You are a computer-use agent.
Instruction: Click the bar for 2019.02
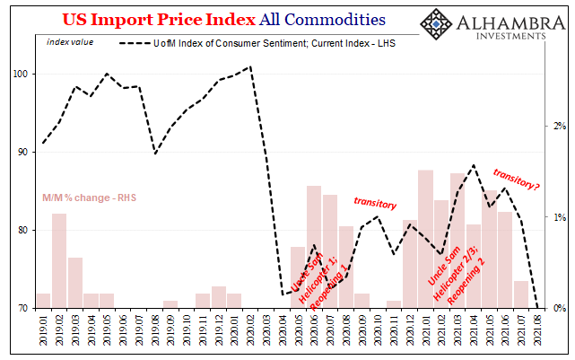click(x=59, y=260)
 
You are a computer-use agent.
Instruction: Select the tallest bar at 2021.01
click(x=426, y=239)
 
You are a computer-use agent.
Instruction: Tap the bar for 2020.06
click(x=314, y=247)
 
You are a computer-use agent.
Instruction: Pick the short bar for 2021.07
click(x=521, y=294)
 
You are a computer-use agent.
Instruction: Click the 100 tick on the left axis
click(x=21, y=74)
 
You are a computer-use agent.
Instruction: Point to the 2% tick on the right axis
click(x=559, y=126)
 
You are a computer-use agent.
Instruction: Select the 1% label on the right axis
click(x=559, y=217)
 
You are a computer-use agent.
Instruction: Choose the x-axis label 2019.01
click(x=43, y=333)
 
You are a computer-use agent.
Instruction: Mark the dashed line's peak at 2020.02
click(x=249, y=66)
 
